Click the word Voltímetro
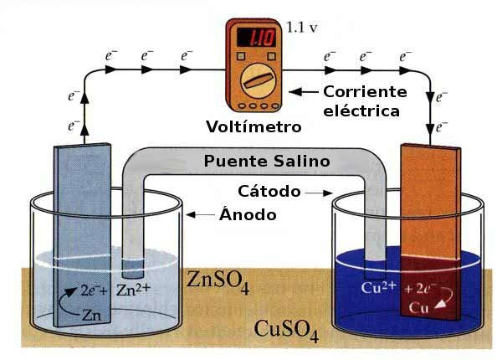coord(253,128)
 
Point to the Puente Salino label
coord(267,160)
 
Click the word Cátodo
coord(269,192)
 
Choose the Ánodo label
coord(248,214)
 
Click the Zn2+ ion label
coord(133,291)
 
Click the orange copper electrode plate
coord(430,218)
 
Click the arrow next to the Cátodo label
coord(317,193)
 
